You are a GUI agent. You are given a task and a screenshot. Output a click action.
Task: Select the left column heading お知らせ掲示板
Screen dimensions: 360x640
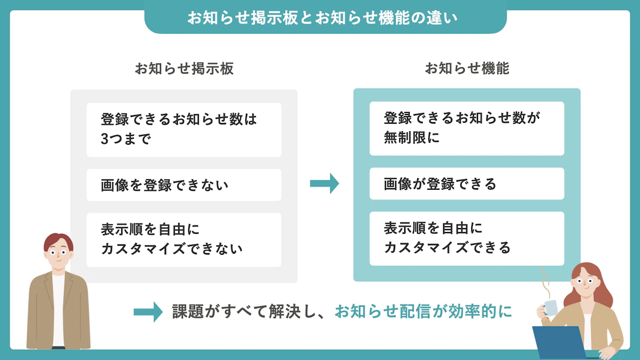[184, 69]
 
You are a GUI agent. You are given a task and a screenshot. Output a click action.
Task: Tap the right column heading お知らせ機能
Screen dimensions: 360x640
[467, 69]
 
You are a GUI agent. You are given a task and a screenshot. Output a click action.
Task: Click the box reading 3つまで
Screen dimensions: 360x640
[184, 129]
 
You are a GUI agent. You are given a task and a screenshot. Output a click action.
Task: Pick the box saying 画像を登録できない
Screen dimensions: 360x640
[184, 185]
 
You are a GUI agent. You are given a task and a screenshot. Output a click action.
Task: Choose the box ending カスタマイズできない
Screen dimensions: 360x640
[184, 239]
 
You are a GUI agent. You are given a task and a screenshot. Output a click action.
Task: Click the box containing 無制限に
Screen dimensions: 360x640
[467, 128]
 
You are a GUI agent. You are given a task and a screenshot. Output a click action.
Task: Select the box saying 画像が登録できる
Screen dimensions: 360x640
[467, 184]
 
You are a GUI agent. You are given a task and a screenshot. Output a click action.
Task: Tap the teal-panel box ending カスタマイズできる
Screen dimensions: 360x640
[467, 238]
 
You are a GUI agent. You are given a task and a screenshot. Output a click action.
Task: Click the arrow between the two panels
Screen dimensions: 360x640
[325, 184]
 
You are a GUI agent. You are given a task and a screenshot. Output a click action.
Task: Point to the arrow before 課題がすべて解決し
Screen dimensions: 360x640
[148, 312]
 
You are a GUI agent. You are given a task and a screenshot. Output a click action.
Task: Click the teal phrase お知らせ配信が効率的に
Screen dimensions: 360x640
[423, 311]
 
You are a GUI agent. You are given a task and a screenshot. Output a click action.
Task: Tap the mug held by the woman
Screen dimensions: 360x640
[551, 307]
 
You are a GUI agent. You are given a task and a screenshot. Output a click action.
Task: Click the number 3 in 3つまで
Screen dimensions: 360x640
[105, 139]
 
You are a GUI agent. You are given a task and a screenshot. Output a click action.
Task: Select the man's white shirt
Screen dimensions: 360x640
[58, 307]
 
